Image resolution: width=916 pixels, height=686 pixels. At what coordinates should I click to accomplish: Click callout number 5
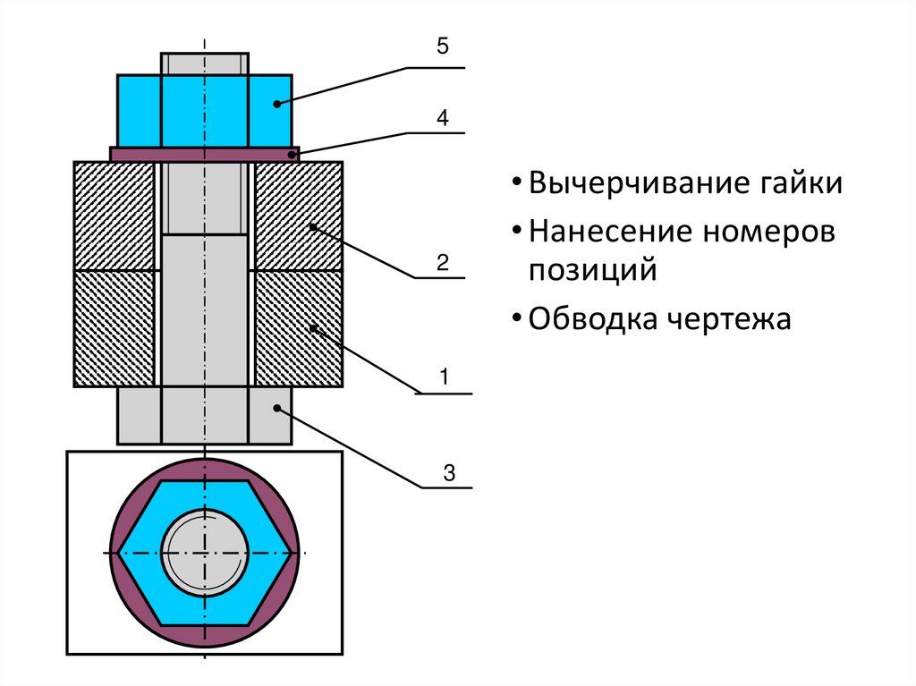(442, 47)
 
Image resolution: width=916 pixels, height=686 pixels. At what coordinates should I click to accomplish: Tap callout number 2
(442, 263)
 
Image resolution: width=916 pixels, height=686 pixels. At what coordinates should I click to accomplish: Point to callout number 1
(443, 377)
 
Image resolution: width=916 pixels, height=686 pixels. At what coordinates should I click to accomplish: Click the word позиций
(592, 270)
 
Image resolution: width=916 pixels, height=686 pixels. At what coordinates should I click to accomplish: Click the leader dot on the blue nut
(277, 104)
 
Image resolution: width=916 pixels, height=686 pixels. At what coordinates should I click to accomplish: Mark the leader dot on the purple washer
(292, 154)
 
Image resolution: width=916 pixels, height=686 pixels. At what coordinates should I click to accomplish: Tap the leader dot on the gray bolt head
(277, 408)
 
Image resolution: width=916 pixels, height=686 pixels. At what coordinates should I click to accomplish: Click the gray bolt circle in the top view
(205, 552)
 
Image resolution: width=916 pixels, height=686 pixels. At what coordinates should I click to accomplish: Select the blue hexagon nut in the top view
(143, 552)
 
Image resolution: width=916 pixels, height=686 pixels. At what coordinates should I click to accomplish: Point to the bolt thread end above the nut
(205, 64)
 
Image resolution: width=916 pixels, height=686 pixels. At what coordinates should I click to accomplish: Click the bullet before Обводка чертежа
(517, 319)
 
